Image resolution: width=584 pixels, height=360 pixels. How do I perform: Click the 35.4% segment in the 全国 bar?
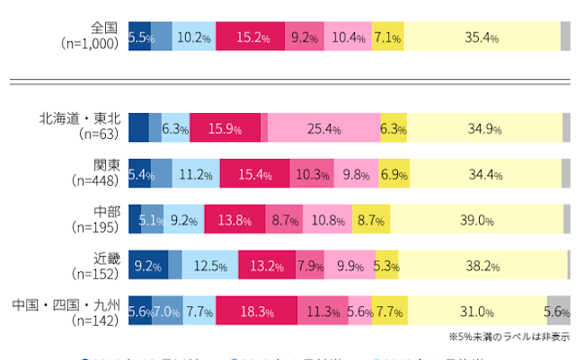pos(482,38)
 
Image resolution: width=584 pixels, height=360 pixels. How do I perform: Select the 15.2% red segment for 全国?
pos(252,38)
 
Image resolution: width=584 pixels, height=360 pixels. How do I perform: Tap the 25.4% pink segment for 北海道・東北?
pos(324,128)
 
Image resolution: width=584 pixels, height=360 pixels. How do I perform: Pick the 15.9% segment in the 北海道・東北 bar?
pos(225,128)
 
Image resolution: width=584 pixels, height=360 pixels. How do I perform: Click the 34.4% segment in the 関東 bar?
pos(485,174)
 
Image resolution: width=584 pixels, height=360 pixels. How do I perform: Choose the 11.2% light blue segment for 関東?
pos(195,174)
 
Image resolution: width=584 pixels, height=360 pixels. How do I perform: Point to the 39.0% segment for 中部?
pos(477,219)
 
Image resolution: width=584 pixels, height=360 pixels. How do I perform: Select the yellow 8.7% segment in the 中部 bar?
pos(371,219)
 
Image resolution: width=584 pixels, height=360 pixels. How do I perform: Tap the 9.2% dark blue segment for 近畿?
pos(148,265)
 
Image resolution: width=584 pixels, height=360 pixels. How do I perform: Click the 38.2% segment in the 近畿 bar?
pos(482,265)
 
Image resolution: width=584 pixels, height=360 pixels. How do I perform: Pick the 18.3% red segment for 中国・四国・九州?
pos(257,311)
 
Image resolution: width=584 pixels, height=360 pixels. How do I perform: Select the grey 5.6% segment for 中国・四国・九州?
pos(558,311)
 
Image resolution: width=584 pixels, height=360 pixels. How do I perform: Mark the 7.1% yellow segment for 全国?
pos(387,38)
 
